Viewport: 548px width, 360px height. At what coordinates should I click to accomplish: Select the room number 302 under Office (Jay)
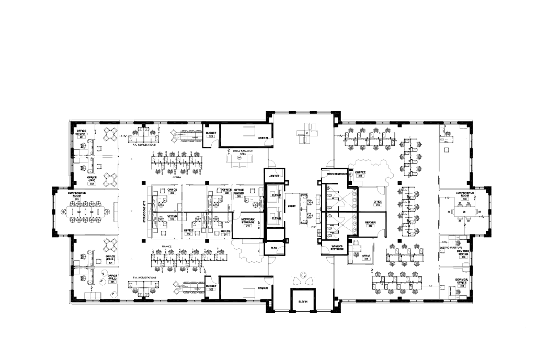click(92, 184)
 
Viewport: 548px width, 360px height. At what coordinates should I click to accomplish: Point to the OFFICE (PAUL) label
click(110, 258)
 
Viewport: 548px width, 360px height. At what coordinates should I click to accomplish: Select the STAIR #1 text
click(263, 138)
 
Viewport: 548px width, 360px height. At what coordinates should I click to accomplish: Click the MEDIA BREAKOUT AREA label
click(243, 150)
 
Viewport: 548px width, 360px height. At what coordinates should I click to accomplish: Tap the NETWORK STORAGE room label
click(248, 222)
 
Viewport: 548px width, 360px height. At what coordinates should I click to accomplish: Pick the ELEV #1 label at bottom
click(302, 301)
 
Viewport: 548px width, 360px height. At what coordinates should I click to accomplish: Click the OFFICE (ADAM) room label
click(239, 191)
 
